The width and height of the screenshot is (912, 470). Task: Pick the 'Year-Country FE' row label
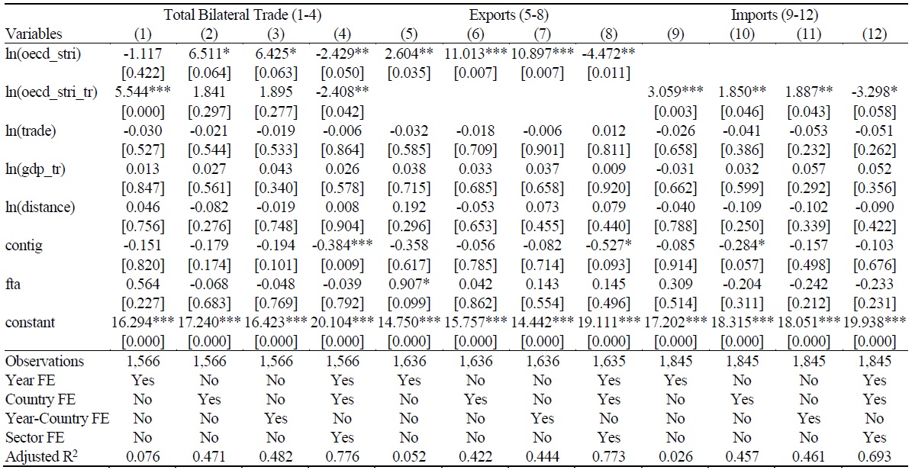click(x=57, y=418)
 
